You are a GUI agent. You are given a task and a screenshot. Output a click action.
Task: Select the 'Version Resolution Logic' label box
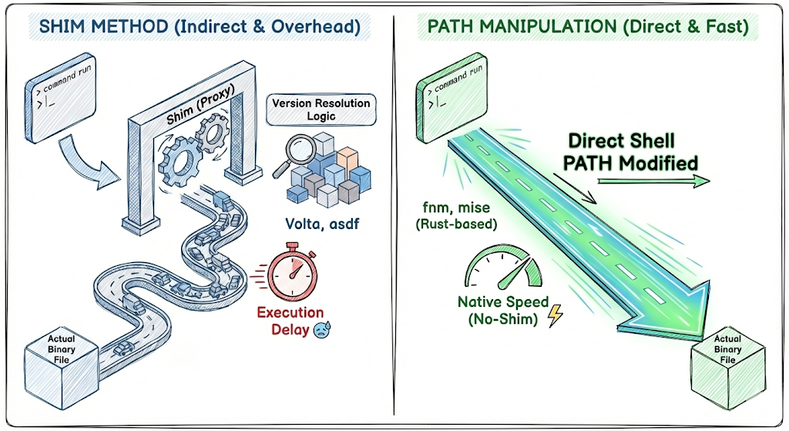point(321,110)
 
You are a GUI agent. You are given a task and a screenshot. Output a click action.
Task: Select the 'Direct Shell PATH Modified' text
point(633,152)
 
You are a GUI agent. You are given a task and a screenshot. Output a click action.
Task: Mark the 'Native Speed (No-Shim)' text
point(503,310)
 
